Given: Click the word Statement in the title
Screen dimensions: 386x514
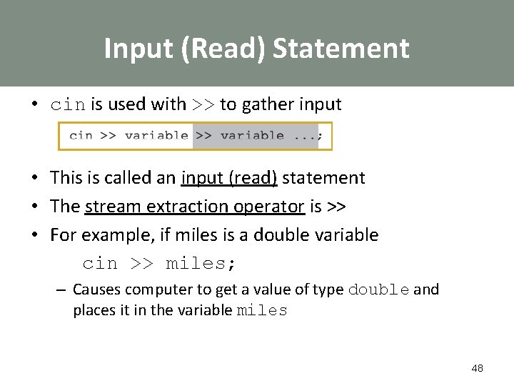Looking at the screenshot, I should (341, 49).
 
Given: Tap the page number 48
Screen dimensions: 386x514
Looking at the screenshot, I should (477, 368).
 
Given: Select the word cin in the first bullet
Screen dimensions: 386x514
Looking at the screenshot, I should (68, 105).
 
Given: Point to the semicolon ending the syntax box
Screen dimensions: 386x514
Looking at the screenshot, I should (320, 136).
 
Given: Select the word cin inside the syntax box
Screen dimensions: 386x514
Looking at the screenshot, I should (81, 136).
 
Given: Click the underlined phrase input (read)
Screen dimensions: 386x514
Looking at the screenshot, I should (228, 178).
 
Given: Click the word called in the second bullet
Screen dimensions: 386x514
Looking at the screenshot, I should (132, 178).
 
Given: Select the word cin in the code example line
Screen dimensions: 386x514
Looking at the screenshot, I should (100, 264).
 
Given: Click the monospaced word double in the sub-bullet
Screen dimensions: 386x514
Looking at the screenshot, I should (378, 290).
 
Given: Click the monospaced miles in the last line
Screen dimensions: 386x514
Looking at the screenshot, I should (261, 311).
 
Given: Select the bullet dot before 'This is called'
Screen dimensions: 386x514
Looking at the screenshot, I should (34, 178).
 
